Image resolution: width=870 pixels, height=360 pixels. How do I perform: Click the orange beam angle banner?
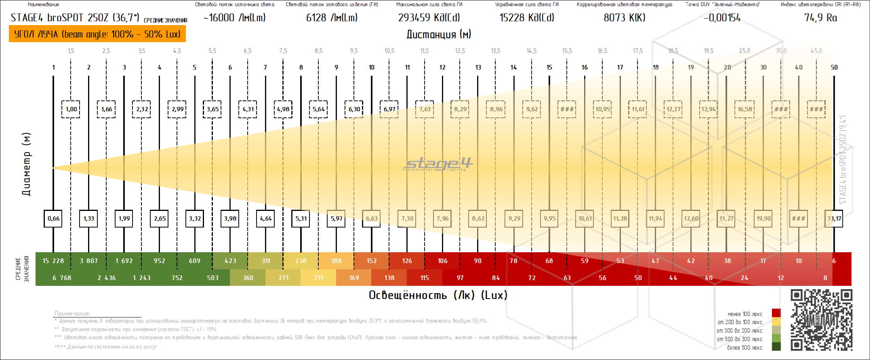point(97,34)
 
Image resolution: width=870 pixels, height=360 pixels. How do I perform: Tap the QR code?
point(821,320)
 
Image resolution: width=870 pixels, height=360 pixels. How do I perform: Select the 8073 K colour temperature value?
point(624,18)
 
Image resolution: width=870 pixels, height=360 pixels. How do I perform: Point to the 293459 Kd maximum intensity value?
point(429,18)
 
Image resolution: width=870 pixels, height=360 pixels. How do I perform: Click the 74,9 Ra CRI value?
point(821,18)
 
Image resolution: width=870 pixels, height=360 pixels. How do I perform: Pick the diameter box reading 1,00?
point(71,109)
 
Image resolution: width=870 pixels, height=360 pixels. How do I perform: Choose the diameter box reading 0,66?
point(53,219)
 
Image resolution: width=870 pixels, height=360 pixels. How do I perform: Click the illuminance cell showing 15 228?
point(53,261)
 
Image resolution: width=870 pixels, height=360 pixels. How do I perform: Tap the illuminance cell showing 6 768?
point(62,278)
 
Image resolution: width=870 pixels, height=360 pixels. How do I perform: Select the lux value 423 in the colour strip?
point(230,261)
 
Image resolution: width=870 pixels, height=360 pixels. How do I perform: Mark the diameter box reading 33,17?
point(834,219)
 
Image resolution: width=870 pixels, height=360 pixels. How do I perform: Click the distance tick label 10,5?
point(389,51)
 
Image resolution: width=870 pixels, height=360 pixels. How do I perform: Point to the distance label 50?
point(834,67)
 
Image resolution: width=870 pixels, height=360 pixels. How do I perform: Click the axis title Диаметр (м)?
point(26,164)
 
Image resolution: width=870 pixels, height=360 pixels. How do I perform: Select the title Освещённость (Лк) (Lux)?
point(438,295)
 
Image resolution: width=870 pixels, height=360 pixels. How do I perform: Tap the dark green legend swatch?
point(776,346)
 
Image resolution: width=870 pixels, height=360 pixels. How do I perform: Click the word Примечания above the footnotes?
point(73,313)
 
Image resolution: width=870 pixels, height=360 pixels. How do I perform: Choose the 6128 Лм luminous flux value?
point(331,18)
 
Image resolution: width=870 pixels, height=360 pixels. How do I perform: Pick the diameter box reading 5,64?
point(318,109)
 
